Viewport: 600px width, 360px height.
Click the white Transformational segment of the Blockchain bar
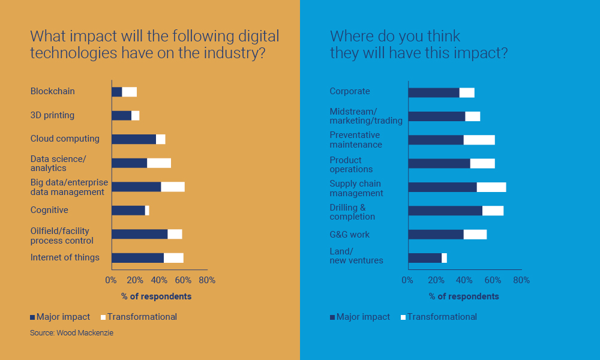[129, 92]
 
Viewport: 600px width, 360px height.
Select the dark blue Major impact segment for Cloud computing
[134, 139]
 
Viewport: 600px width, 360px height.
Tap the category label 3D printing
[52, 115]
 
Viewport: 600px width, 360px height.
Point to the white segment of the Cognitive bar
[147, 211]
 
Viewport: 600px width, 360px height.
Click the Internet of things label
[65, 257]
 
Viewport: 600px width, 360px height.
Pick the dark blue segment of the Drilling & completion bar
[445, 211]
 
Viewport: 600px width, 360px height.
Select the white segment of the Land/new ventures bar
[444, 258]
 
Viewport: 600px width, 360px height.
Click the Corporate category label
[350, 92]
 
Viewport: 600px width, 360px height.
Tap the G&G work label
[350, 235]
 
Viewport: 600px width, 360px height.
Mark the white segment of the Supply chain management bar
[491, 187]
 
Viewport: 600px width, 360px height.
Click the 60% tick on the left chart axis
[183, 280]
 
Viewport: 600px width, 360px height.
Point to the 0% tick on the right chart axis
[407, 280]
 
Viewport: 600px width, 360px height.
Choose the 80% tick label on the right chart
[521, 280]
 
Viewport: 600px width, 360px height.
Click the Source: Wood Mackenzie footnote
[71, 332]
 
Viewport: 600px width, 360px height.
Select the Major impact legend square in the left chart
[32, 317]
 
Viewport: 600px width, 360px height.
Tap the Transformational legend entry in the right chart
[442, 317]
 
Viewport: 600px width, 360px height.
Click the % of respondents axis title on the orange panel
[156, 296]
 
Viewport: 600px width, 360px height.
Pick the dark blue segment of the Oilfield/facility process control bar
[139, 234]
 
